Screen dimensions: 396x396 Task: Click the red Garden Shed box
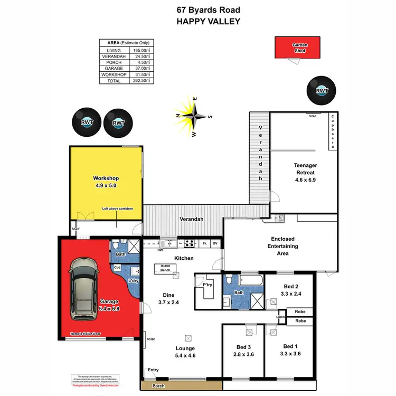(x=300, y=48)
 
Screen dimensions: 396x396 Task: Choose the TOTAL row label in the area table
(x=114, y=81)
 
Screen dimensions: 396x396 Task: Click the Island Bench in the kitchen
(x=162, y=268)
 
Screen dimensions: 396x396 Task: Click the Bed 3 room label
(x=243, y=351)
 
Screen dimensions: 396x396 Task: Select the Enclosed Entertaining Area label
(x=283, y=246)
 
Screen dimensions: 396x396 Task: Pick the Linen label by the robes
(x=280, y=317)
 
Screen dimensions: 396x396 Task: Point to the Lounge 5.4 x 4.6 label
(x=185, y=352)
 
